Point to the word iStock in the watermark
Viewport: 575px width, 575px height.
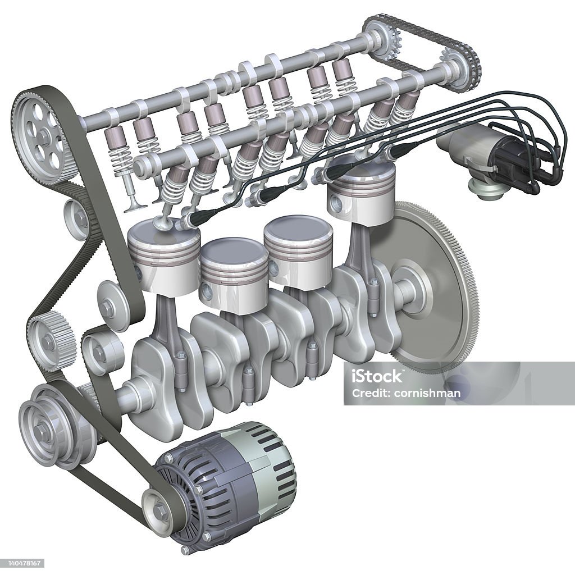click(x=376, y=376)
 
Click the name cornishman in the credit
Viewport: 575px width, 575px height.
click(x=427, y=394)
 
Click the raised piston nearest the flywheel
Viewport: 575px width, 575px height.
click(x=360, y=192)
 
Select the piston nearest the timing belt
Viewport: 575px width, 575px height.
click(x=165, y=257)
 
